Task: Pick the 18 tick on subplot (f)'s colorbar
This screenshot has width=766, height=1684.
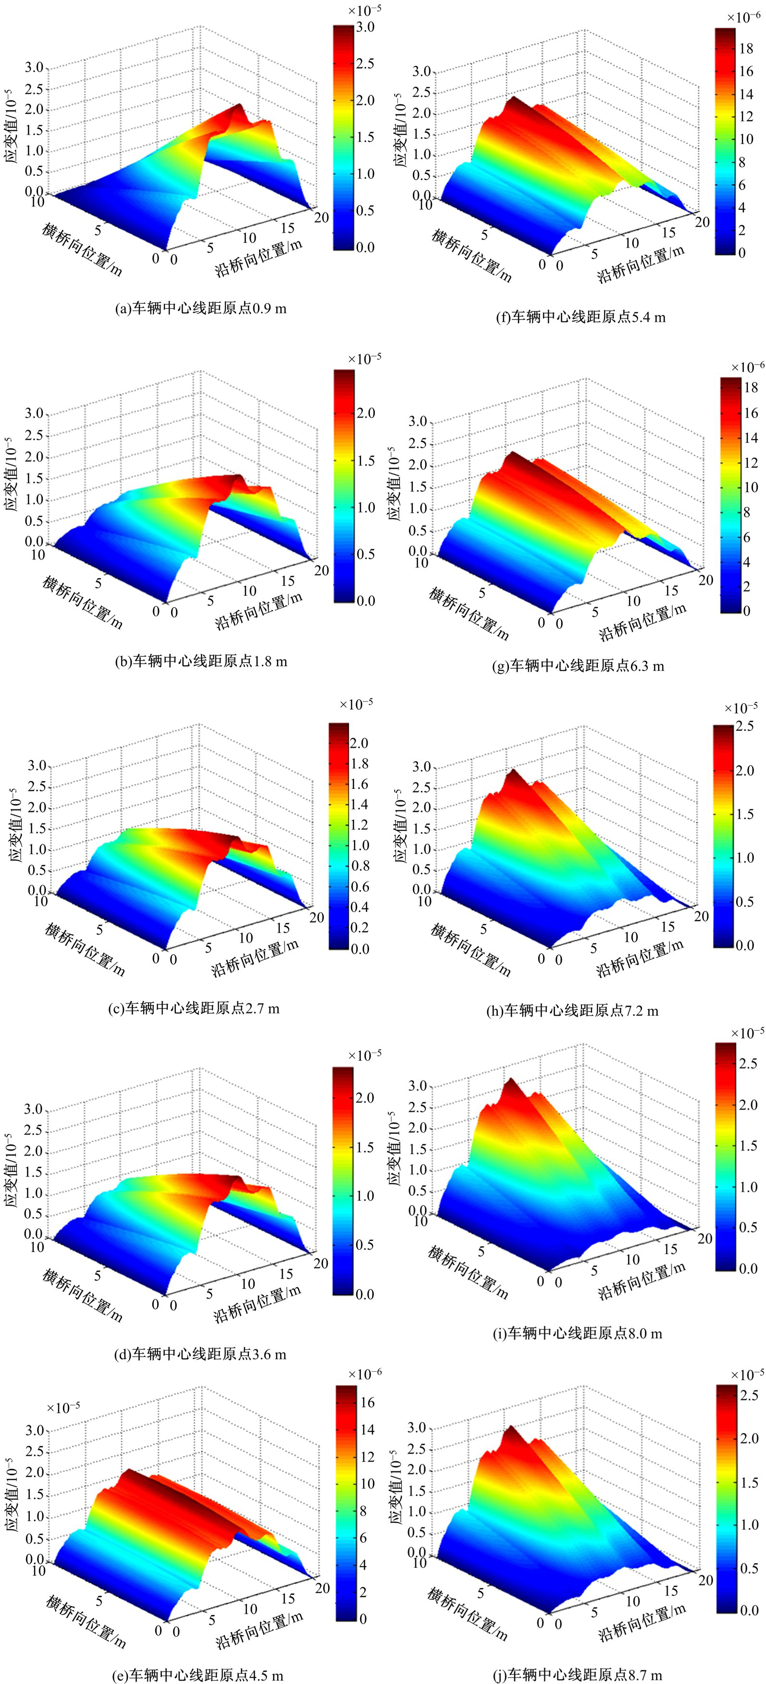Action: pyautogui.click(x=746, y=49)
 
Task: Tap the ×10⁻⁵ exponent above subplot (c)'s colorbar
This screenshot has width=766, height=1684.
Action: pyautogui.click(x=356, y=703)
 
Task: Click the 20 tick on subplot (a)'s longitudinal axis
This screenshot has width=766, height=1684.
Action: pyautogui.click(x=321, y=218)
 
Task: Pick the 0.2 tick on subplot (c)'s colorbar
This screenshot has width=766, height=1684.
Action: pyautogui.click(x=360, y=928)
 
